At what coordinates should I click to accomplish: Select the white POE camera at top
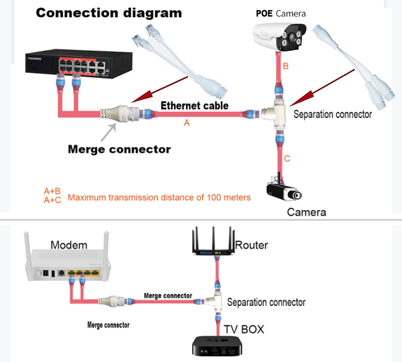[x=281, y=36]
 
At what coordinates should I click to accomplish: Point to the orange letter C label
[x=287, y=159]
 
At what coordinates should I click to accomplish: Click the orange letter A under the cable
[x=187, y=123]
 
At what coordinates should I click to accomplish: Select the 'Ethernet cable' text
[x=195, y=106]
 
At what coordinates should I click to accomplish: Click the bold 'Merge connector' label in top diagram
[x=119, y=149]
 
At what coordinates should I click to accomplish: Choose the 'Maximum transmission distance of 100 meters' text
[x=159, y=197]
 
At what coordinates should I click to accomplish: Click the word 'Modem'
[x=69, y=245]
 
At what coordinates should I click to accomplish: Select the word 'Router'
[x=252, y=245]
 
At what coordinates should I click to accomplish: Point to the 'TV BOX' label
[x=244, y=329]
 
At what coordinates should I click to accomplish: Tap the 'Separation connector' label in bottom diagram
[x=266, y=302]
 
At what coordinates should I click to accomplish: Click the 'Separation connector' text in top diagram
[x=332, y=114]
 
